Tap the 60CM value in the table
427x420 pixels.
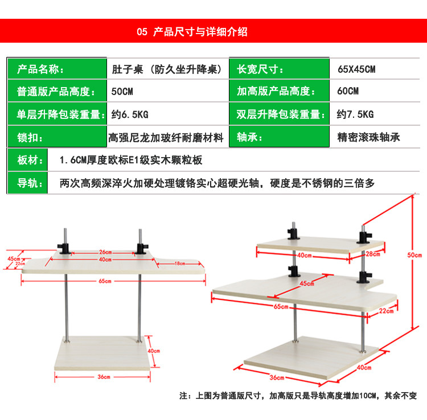click(348, 91)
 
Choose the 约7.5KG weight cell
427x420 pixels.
click(355, 114)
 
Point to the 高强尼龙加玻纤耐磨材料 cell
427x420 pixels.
click(166, 137)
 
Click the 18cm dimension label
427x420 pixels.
click(179, 263)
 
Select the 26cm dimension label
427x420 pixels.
click(104, 252)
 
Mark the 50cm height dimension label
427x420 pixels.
click(417, 254)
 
